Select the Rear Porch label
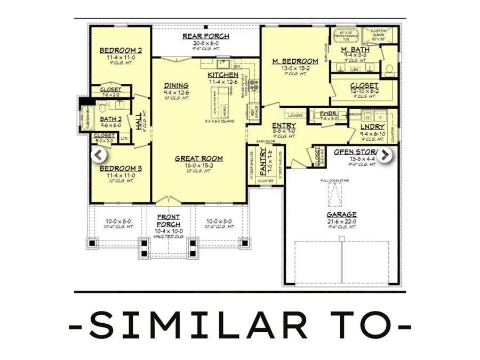tap(206, 36)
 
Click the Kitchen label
tap(223, 75)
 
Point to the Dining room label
tap(175, 85)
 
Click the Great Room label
tap(199, 158)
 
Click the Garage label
tap(341, 214)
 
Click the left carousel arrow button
tap(99, 155)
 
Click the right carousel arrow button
tap(386, 155)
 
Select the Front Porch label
tap(168, 220)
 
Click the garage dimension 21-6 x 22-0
tap(341, 221)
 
